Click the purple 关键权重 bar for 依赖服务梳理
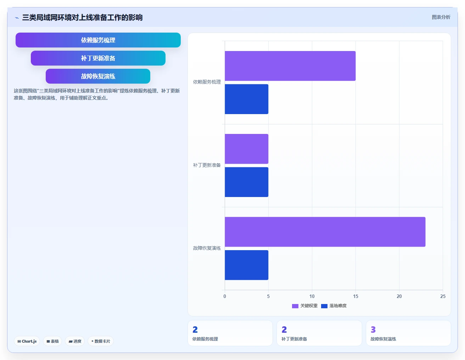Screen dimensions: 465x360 290,66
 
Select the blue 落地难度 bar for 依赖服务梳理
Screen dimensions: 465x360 246,99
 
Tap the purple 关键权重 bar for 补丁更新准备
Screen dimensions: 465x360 246,149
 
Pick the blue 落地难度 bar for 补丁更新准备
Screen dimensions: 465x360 246,182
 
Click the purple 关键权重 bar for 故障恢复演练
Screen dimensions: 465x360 325,232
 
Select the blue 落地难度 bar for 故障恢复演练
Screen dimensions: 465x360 246,265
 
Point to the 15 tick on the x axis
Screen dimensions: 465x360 355,296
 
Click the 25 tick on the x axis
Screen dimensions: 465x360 443,296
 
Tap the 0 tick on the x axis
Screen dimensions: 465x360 225,296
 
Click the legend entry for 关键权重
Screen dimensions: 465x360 304,306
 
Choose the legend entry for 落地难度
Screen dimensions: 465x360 334,306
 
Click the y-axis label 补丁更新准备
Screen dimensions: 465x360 207,165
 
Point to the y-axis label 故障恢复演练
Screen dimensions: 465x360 207,248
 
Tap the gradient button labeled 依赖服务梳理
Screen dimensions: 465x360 98,40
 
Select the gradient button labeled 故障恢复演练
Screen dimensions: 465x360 98,76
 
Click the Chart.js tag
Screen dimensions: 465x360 27,341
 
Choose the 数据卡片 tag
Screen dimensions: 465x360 101,341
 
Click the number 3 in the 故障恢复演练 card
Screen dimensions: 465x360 373,330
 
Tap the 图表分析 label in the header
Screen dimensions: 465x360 441,17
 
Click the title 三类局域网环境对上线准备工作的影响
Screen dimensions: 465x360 82,18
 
